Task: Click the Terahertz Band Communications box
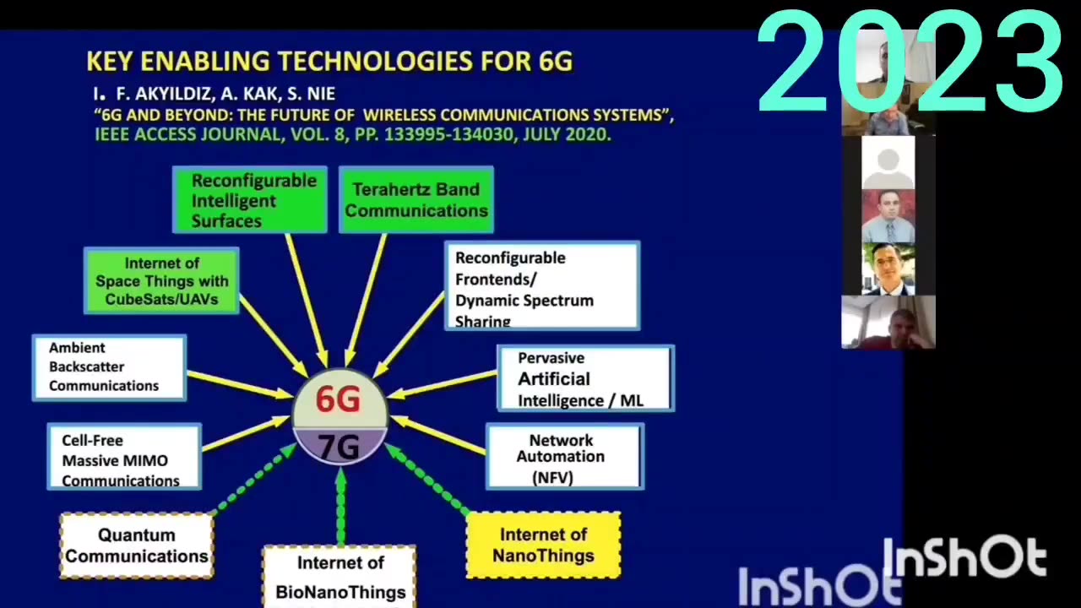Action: point(416,200)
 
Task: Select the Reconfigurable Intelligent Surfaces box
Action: point(249,200)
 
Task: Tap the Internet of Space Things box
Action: point(161,281)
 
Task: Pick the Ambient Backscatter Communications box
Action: point(110,367)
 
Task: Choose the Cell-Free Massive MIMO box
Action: point(124,457)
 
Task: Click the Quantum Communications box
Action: point(137,546)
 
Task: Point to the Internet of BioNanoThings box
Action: point(340,577)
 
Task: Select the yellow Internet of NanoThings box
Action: point(543,546)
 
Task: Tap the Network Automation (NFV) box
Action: point(565,457)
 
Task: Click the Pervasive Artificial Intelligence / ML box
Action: point(586,378)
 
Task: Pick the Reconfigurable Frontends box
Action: point(542,285)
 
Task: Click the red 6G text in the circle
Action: point(338,399)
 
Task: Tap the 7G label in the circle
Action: point(339,447)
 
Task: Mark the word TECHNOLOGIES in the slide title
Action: point(376,62)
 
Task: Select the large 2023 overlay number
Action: point(910,62)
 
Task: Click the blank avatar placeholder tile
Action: point(888,163)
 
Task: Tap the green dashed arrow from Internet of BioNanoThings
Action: point(341,506)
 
